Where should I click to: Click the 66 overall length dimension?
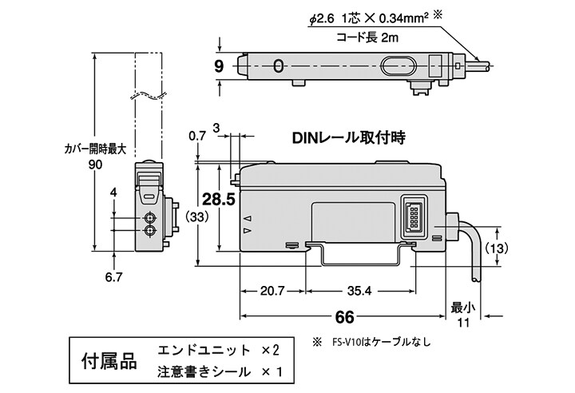point(344,317)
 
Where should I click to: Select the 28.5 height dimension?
point(218,200)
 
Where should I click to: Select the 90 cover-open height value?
point(95,165)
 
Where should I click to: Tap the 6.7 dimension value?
point(113,278)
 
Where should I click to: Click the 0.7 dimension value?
point(196,137)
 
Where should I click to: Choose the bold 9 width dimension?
point(219,67)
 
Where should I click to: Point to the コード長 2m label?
point(366,37)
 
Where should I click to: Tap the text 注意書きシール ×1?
point(219,372)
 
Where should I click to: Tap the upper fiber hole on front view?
point(149,217)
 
